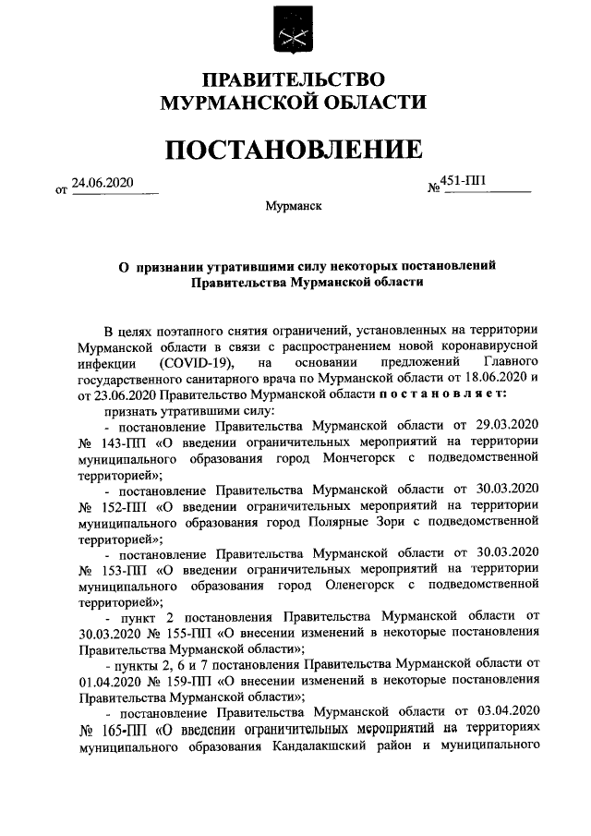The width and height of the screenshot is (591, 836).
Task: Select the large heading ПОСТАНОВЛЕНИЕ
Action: [x=294, y=148]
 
